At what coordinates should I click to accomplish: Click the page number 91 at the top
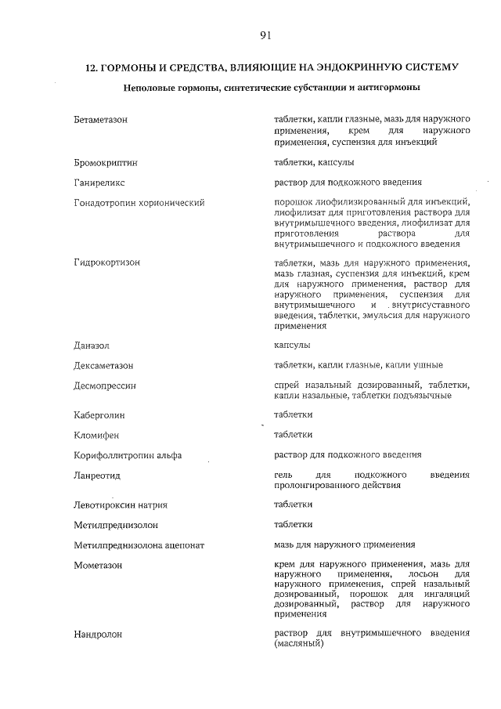pos(265,34)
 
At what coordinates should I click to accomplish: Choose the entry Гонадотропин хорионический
pos(139,203)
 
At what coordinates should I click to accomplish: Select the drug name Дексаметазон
pos(104,366)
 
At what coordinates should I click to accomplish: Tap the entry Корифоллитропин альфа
pos(128,455)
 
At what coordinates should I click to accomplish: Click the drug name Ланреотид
pos(96,476)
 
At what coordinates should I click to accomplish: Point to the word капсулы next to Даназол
pos(292,345)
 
